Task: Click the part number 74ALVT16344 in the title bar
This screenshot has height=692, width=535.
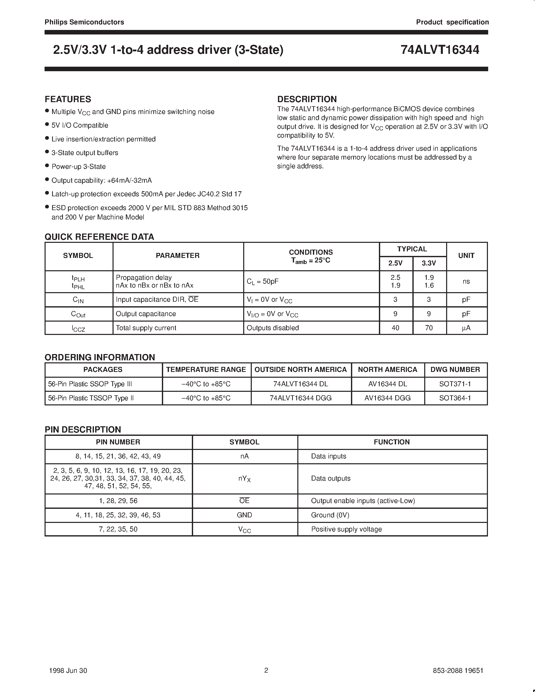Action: (440, 50)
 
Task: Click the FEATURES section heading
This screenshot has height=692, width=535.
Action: (68, 99)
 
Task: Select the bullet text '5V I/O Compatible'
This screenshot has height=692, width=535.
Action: (80, 126)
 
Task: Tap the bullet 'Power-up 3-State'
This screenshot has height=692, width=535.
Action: (79, 167)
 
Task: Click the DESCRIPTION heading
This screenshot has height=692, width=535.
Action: (307, 99)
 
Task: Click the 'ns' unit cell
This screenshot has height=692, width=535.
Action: (466, 281)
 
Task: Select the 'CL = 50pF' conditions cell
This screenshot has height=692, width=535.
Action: (262, 281)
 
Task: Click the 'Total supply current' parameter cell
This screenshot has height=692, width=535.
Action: (146, 328)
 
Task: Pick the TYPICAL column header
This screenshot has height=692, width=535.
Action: (412, 249)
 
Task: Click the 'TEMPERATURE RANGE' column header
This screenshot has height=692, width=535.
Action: (206, 370)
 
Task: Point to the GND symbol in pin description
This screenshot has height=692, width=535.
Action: (244, 515)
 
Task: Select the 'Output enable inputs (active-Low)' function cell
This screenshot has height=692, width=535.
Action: (363, 501)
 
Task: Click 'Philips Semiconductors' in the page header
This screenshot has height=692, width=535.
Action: (84, 22)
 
